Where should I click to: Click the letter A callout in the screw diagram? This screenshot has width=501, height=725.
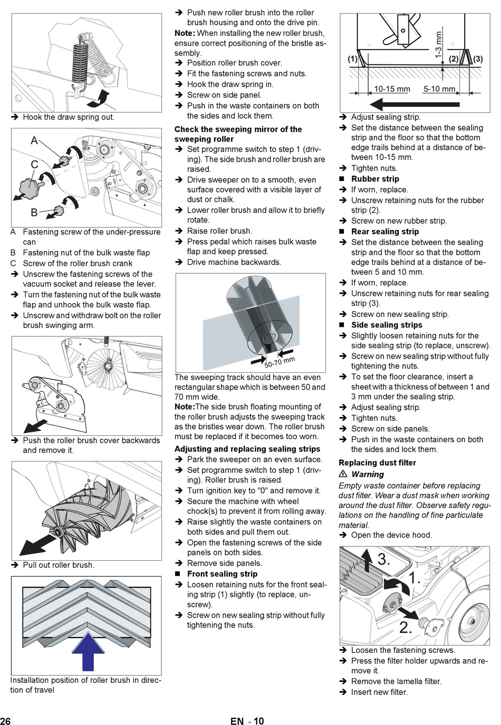34,141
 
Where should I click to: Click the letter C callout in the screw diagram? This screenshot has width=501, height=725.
34,164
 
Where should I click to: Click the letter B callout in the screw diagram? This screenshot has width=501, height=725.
34,212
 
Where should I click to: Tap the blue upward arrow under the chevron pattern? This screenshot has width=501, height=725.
88,651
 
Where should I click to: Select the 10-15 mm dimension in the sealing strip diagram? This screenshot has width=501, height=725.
392,88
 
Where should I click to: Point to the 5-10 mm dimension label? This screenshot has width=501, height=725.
439,88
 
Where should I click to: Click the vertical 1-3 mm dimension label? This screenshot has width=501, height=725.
438,45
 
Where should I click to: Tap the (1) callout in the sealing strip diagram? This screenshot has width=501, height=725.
352,59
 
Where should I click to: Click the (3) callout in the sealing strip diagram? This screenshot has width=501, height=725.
478,59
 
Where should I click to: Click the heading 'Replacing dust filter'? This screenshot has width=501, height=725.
377,462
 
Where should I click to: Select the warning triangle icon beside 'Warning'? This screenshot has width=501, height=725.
343,474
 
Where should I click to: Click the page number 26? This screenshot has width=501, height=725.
5,720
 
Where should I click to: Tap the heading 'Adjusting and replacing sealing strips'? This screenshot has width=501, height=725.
247,449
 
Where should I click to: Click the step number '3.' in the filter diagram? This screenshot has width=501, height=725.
383,559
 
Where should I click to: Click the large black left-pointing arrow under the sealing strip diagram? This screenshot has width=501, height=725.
415,105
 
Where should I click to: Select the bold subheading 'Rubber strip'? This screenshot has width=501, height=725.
375,179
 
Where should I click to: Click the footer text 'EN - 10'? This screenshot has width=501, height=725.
247,720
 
